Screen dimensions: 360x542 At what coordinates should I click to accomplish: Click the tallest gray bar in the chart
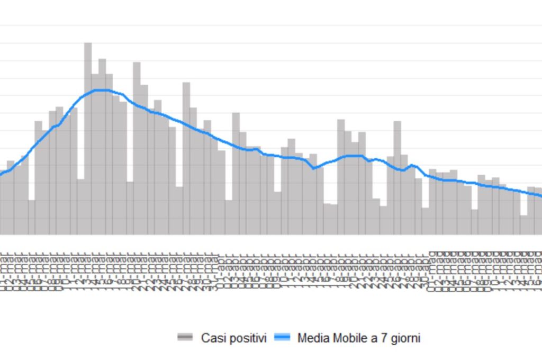point(88,138)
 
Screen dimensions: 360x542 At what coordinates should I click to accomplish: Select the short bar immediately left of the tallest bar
point(80,206)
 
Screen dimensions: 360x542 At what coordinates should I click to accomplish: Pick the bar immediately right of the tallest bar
point(95,154)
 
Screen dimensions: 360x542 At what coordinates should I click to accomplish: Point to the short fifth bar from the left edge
point(32,217)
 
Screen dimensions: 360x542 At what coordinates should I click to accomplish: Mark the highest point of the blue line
point(102,90)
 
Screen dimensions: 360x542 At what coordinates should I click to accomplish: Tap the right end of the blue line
point(540,196)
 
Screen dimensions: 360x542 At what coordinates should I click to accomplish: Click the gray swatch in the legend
point(186,337)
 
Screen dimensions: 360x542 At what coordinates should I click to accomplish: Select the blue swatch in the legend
point(283,337)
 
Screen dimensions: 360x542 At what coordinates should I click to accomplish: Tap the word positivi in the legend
point(247,338)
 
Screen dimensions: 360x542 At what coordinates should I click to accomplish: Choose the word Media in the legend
point(312,338)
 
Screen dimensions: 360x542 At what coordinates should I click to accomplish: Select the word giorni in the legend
point(403,338)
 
